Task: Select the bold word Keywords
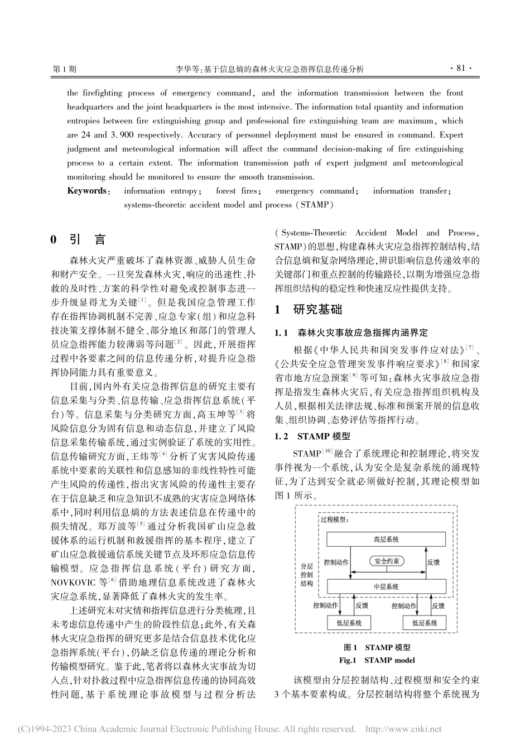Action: (88, 191)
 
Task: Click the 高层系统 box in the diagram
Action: (386, 540)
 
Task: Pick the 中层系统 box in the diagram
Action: (386, 586)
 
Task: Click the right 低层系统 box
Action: (424, 623)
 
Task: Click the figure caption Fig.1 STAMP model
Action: (377, 660)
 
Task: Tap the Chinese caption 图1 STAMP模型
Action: (377, 647)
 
